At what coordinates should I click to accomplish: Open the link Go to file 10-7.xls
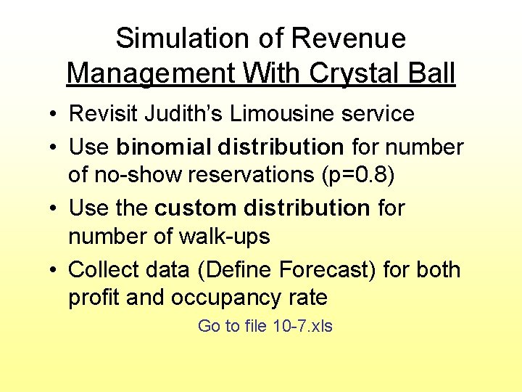265,326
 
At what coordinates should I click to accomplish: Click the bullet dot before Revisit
54,115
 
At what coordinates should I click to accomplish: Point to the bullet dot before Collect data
54,270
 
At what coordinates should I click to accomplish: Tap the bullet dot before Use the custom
54,209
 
